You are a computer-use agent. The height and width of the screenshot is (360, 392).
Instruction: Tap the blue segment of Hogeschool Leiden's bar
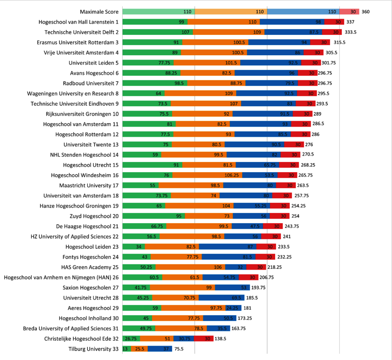pos(227,247)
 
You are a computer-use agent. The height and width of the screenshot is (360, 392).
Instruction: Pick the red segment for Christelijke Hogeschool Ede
pos(203,338)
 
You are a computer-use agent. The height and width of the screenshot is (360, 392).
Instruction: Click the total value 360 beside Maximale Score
pos(365,12)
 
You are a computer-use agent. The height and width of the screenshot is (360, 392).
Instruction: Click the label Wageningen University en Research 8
pos(73,93)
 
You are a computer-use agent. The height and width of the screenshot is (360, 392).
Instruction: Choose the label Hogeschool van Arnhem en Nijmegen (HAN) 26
pos(61,277)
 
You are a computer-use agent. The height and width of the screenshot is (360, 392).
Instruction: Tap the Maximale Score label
pos(100,12)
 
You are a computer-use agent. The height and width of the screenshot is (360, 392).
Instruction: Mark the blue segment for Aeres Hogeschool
pos(233,308)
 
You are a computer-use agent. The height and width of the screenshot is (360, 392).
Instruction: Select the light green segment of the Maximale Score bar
pos(158,12)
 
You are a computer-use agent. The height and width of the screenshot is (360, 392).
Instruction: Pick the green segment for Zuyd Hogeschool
pos(153,216)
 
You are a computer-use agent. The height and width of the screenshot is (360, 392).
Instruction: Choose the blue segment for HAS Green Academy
pos(236,267)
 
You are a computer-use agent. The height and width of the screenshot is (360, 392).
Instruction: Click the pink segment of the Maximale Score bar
pos(349,12)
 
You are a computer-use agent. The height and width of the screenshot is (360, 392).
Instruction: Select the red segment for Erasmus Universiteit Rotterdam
pos(320,42)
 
